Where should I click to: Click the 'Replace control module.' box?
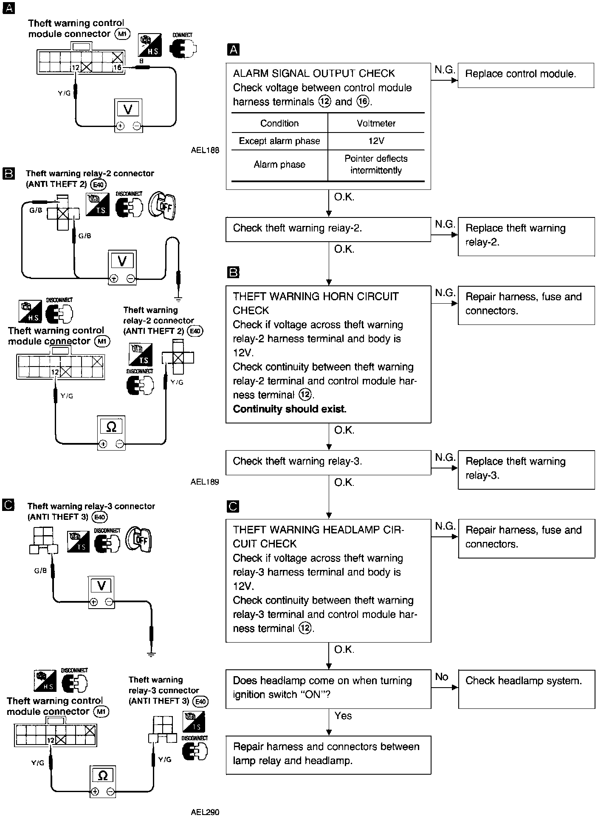coord(525,75)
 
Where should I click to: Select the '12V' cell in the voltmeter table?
coord(376,141)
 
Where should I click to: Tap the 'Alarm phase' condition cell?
coord(279,165)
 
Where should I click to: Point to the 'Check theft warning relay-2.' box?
coord(328,229)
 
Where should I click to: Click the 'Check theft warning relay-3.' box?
coord(328,462)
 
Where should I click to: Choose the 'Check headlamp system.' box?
coord(526,688)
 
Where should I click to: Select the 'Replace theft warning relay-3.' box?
coord(526,469)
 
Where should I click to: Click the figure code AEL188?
coord(205,150)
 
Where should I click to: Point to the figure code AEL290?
coord(205,812)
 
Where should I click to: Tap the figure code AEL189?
coord(205,482)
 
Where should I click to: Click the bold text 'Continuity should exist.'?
coord(290,409)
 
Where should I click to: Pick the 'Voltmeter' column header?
coord(376,124)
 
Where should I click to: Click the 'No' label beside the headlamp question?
coord(442,677)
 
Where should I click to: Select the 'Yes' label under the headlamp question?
coord(343,716)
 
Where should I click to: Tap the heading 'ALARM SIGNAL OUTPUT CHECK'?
coord(314,73)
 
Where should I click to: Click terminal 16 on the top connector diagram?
coord(117,67)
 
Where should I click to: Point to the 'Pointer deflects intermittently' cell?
coord(376,165)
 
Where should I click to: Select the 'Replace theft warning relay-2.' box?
coord(526,236)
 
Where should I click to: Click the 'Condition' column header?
coord(279,124)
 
